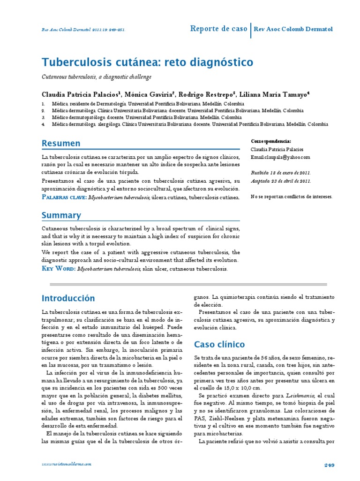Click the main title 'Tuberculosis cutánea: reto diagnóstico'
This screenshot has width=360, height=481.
coord(147,62)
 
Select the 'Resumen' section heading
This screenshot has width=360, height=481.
coord(61,143)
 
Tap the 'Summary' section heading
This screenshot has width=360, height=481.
coord(61,215)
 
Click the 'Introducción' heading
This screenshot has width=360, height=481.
coord(68,298)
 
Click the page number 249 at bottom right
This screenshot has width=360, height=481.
coord(329,465)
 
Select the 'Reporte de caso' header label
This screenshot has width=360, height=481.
coord(218,29)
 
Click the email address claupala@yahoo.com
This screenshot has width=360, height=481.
coord(280,157)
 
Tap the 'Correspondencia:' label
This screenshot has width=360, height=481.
coord(271,141)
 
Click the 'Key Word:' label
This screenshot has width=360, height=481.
coord(58,269)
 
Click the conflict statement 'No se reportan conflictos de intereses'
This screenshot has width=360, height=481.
coord(292,197)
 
